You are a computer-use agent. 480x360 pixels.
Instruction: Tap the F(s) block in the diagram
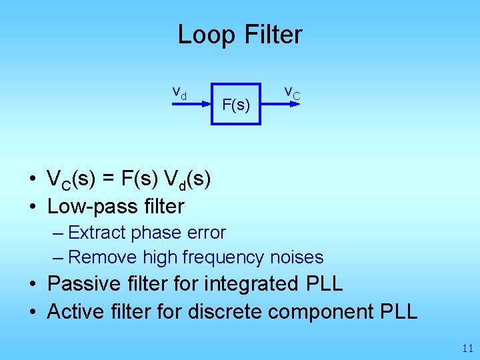click(x=236, y=105)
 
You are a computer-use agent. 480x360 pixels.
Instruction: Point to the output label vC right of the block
click(x=292, y=93)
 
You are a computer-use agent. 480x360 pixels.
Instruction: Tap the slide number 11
click(x=467, y=348)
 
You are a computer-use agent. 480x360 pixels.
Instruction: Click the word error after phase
click(x=204, y=233)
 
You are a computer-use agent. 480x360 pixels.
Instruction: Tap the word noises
click(x=297, y=257)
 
